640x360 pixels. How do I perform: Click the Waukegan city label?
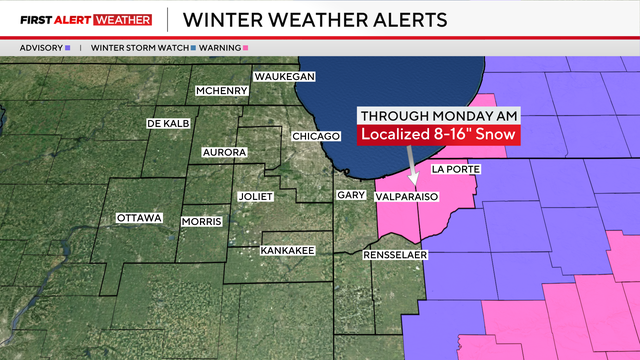(x=285, y=77)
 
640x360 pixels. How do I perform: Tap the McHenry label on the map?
(x=222, y=91)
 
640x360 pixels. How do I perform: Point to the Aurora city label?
(x=224, y=153)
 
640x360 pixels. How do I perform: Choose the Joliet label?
(x=255, y=197)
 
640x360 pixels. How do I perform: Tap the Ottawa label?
(x=139, y=217)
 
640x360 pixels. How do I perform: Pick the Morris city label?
(x=201, y=221)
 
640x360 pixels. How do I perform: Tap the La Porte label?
(x=455, y=170)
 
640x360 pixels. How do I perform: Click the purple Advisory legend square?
(x=67, y=47)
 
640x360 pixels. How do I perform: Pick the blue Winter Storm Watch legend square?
(x=193, y=47)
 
